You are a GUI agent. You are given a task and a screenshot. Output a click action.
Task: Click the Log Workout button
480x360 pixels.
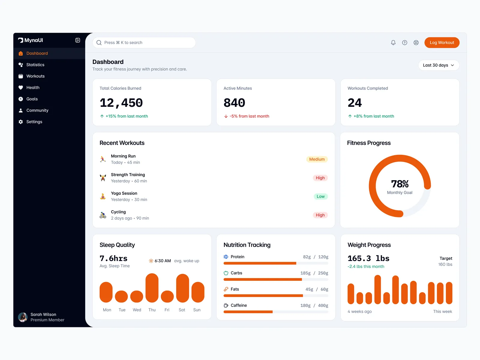click(442, 43)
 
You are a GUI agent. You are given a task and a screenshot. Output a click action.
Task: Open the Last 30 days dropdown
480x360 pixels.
click(439, 65)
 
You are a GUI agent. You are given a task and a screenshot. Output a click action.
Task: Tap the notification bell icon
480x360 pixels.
click(393, 43)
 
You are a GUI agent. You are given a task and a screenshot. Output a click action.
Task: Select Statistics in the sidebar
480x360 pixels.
click(35, 65)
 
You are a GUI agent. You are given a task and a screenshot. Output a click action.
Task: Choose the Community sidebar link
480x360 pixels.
click(37, 110)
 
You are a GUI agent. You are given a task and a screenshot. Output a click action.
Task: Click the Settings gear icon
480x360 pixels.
click(21, 122)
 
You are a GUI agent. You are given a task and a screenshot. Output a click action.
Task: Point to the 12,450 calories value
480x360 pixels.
click(121, 103)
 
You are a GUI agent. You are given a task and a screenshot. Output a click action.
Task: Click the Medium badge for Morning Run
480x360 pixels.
click(317, 159)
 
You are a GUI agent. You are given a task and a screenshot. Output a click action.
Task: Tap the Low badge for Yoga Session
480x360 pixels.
click(320, 196)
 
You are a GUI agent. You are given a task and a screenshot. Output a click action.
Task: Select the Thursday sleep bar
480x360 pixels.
click(152, 288)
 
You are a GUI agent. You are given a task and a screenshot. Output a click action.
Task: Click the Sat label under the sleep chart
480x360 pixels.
click(182, 310)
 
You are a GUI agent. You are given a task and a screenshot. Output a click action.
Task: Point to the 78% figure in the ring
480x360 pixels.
click(400, 184)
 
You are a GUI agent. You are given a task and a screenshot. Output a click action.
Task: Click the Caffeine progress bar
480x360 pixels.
click(276, 312)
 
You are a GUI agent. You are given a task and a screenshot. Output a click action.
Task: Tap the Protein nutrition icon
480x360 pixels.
click(226, 257)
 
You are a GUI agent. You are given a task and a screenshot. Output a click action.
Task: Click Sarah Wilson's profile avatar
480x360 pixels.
click(23, 317)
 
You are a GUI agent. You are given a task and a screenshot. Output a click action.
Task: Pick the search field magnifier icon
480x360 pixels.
click(99, 43)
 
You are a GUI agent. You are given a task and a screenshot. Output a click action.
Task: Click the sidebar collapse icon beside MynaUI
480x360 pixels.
click(78, 40)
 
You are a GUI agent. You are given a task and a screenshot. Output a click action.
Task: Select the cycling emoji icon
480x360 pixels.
click(103, 215)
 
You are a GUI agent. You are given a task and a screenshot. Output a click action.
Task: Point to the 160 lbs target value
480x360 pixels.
click(445, 264)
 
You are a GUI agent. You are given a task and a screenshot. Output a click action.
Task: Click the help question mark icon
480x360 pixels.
click(405, 43)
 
